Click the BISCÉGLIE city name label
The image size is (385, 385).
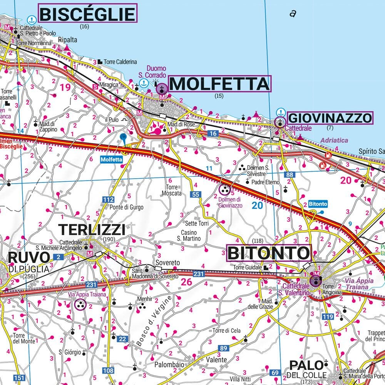tap(87, 14)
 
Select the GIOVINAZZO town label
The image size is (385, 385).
tap(330, 118)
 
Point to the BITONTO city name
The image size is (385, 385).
tap(268, 253)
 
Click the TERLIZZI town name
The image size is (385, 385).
tap(92, 230)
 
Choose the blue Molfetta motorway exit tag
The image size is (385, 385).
tap(111, 159)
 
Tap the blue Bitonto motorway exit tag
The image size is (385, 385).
tap(318, 204)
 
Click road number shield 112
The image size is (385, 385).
tap(108, 199)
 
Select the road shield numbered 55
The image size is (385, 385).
tap(196, 195)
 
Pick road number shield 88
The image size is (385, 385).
tap(290, 175)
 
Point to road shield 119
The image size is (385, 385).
tap(328, 316)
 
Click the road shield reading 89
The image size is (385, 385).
tap(224, 348)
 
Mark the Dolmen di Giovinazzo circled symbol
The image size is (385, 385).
tap(224, 189)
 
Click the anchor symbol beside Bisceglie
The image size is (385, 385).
tap(32, 18)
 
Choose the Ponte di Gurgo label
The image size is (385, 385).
tap(126, 207)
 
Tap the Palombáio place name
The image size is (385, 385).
tap(169, 364)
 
